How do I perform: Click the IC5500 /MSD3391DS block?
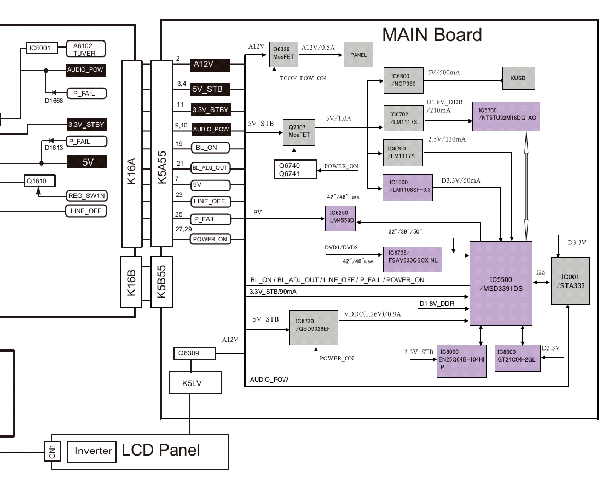[501, 283]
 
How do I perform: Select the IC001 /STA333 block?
[570, 281]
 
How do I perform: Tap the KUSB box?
[518, 78]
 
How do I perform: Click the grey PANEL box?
[358, 55]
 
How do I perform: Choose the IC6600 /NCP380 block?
[403, 80]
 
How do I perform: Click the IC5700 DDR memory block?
[505, 116]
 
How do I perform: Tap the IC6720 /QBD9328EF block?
[314, 328]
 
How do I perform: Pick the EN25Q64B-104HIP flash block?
[461, 360]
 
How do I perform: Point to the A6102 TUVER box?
[85, 49]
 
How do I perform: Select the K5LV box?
[195, 383]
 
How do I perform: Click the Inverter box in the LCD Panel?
[93, 451]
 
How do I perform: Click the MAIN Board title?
[432, 34]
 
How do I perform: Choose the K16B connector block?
[132, 282]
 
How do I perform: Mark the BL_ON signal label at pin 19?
[210, 148]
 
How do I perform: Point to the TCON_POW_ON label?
[302, 78]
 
